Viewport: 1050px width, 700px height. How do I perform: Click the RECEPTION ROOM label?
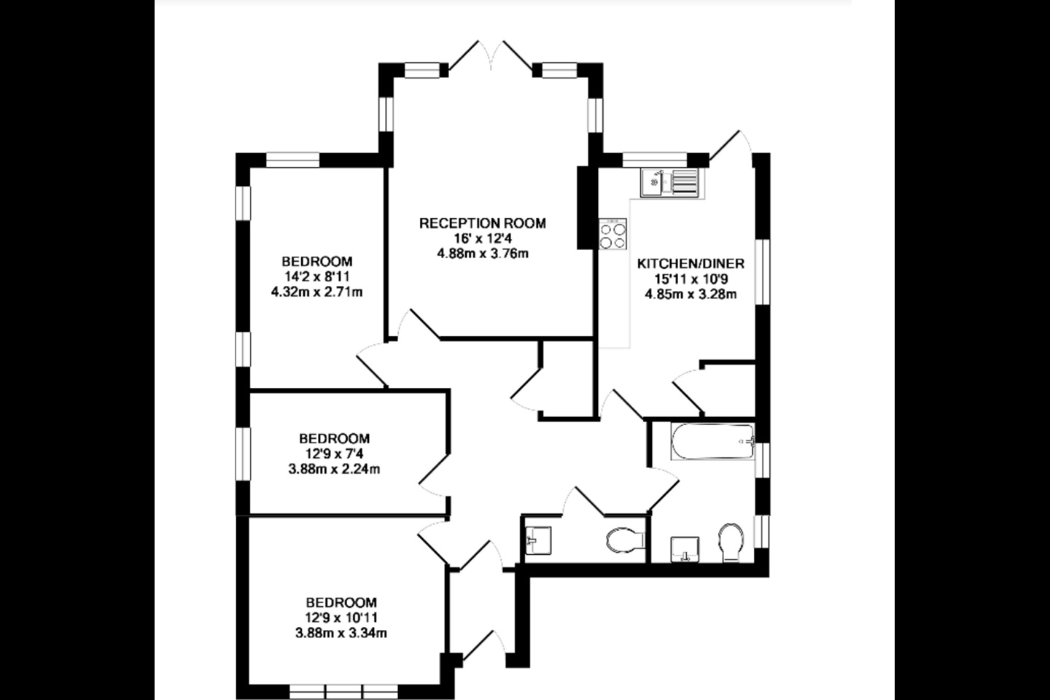(483, 223)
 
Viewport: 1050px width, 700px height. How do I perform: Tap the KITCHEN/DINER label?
(691, 263)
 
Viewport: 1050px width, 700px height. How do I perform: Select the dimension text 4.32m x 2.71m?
(317, 292)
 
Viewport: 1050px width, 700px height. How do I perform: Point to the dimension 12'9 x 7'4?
(334, 454)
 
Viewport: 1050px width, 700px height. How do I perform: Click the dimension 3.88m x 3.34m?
(341, 633)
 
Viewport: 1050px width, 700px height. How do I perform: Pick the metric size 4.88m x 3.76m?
(483, 254)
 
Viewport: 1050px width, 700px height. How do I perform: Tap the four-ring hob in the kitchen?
(612, 234)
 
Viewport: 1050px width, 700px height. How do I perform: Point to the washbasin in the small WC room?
(538, 540)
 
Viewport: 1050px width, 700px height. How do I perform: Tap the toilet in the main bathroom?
(731, 542)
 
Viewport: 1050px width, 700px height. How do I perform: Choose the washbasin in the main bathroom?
(685, 549)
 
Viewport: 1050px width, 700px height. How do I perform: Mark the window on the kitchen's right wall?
(762, 272)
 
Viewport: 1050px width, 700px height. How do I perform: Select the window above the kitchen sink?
(654, 160)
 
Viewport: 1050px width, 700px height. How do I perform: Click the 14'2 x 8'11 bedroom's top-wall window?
(293, 160)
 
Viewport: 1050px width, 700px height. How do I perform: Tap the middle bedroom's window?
(243, 454)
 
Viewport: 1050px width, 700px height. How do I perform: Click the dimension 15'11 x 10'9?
(691, 279)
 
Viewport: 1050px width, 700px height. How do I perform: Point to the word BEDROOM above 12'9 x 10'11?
(341, 602)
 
